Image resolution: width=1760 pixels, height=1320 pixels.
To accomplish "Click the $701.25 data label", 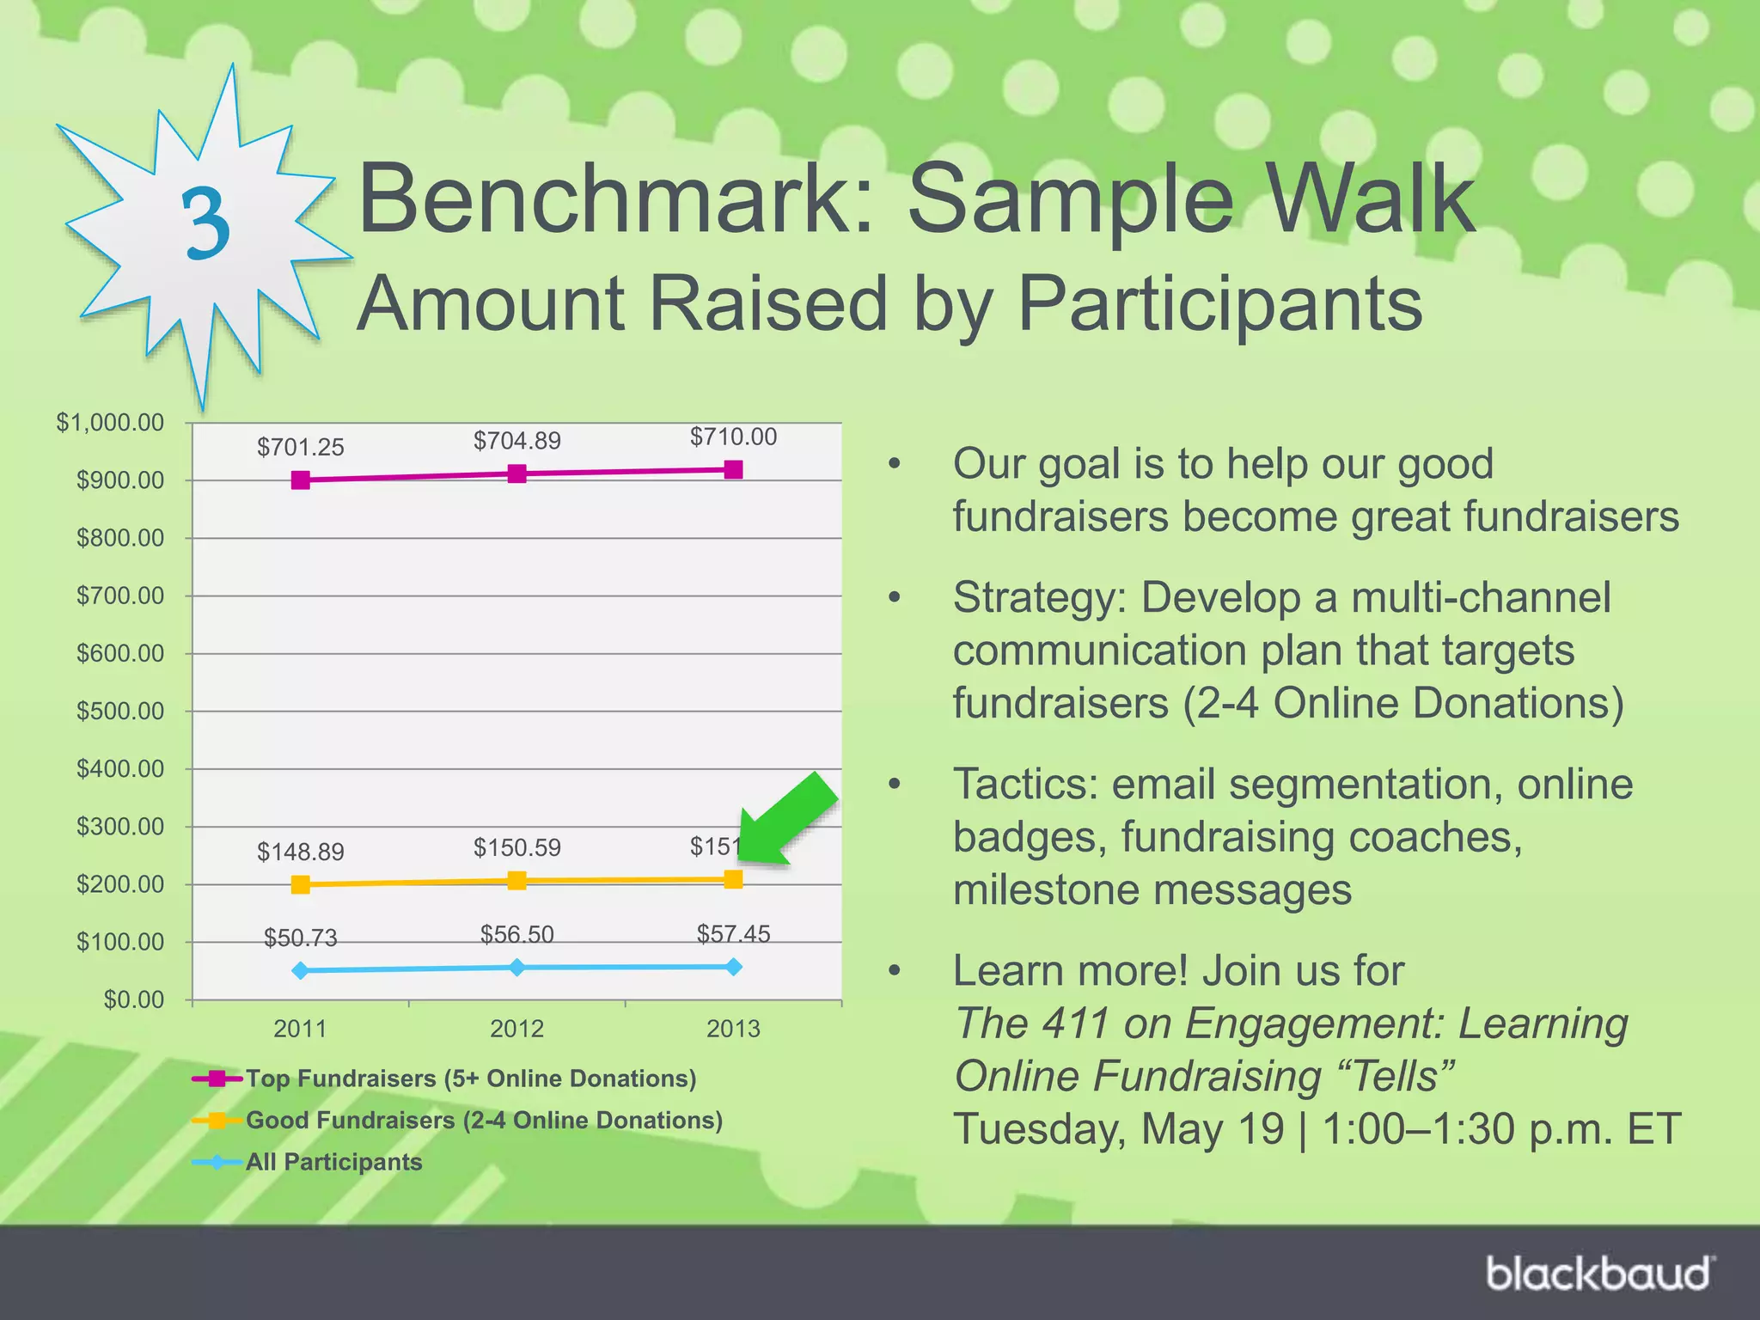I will point(300,447).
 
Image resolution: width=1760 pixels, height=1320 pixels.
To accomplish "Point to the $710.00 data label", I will point(733,437).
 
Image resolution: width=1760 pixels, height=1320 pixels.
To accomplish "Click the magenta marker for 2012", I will point(516,474).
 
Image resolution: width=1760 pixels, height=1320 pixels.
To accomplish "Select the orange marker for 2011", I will point(300,884).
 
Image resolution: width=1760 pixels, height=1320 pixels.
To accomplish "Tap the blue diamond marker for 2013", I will point(733,967).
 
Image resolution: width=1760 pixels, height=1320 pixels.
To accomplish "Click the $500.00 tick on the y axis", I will point(120,711).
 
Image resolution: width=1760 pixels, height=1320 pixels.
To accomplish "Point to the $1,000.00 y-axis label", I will point(110,422).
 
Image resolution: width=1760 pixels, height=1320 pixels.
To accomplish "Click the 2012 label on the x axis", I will point(516,1029).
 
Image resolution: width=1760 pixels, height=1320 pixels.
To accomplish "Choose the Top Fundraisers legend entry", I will point(470,1079).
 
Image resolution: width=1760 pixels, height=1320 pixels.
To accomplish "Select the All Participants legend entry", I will point(333,1162).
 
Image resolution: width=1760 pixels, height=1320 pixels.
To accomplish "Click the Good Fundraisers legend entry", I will point(484,1120).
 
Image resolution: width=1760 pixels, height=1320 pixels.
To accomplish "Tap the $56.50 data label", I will point(516,934).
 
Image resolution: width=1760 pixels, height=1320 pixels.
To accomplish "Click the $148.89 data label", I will point(300,852).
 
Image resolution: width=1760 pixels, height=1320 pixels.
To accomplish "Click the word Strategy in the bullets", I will point(1039,598).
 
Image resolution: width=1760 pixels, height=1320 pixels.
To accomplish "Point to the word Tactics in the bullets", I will point(1026,785).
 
